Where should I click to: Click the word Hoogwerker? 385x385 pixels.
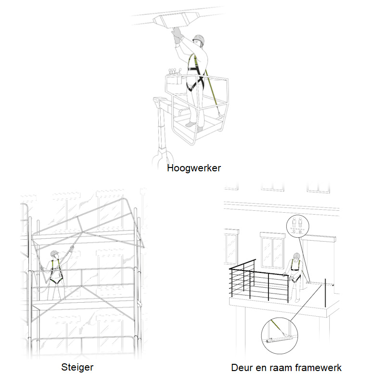tap(194, 168)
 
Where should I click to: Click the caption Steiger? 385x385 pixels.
tap(77, 368)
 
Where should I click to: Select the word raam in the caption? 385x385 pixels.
tap(281, 368)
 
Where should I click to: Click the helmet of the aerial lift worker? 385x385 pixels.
tap(199, 39)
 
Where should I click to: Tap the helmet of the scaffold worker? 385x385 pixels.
tap(54, 253)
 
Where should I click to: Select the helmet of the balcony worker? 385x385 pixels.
tap(296, 256)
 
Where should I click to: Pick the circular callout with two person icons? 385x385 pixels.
tap(298, 226)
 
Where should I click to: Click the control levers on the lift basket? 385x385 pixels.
tap(174, 71)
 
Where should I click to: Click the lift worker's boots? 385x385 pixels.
tap(194, 126)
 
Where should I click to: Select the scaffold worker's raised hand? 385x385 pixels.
tap(71, 249)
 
